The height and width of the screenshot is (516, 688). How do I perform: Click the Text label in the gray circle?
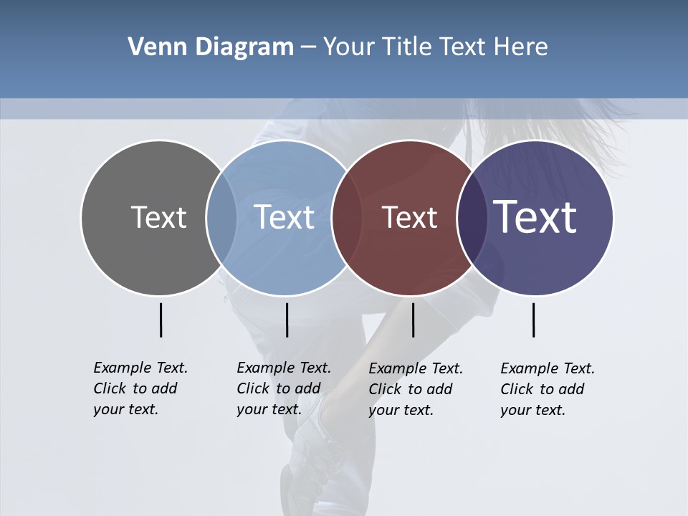[158, 217]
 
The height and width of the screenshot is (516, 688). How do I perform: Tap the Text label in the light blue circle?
[285, 217]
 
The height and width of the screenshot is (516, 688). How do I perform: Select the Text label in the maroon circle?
[409, 217]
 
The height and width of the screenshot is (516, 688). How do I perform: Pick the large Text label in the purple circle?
[535, 217]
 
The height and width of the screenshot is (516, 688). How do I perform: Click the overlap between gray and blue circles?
[221, 218]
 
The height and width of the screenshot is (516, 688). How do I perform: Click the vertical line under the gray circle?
[161, 320]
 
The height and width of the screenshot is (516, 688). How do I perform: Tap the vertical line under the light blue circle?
[287, 320]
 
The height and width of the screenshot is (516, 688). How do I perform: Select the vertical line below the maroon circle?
[413, 320]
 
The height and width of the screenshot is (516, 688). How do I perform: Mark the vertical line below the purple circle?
[534, 320]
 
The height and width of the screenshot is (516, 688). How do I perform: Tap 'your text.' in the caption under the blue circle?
[269, 409]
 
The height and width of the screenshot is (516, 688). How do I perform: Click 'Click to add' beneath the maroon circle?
[411, 389]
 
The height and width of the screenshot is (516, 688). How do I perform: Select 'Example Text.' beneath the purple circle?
[548, 368]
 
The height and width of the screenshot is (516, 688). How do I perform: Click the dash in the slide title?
[307, 47]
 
